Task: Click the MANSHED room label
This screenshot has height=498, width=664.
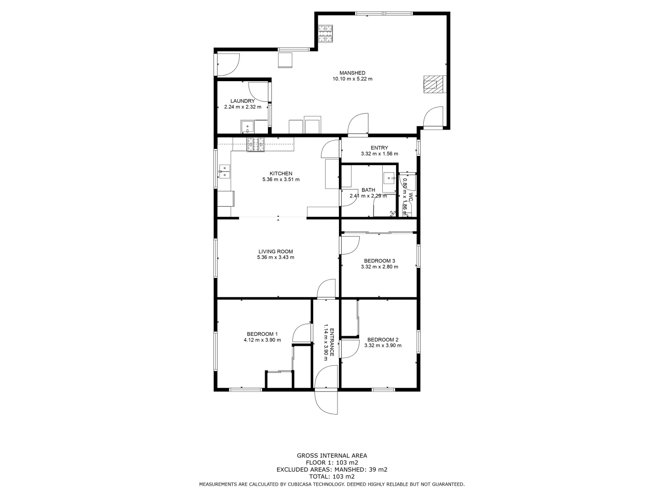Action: (x=352, y=73)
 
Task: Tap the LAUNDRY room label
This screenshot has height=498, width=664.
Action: (x=242, y=101)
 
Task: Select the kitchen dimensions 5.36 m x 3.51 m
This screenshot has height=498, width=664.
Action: (x=281, y=179)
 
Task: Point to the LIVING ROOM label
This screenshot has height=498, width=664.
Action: (x=275, y=251)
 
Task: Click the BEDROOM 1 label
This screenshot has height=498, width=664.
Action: (x=262, y=334)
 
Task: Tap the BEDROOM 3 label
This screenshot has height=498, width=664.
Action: (x=379, y=261)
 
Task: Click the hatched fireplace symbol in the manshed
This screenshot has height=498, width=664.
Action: (x=432, y=85)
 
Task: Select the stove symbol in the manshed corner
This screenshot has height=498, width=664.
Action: (x=325, y=34)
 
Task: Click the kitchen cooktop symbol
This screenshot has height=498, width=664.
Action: (x=256, y=144)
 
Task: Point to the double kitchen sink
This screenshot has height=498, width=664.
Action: (x=224, y=171)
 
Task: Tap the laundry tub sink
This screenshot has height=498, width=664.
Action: (x=247, y=126)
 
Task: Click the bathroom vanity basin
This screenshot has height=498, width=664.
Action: (x=389, y=178)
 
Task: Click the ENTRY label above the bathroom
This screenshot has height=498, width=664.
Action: (x=379, y=148)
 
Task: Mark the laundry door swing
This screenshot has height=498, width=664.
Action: (x=258, y=91)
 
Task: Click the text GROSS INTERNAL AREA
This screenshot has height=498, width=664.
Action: (x=332, y=456)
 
